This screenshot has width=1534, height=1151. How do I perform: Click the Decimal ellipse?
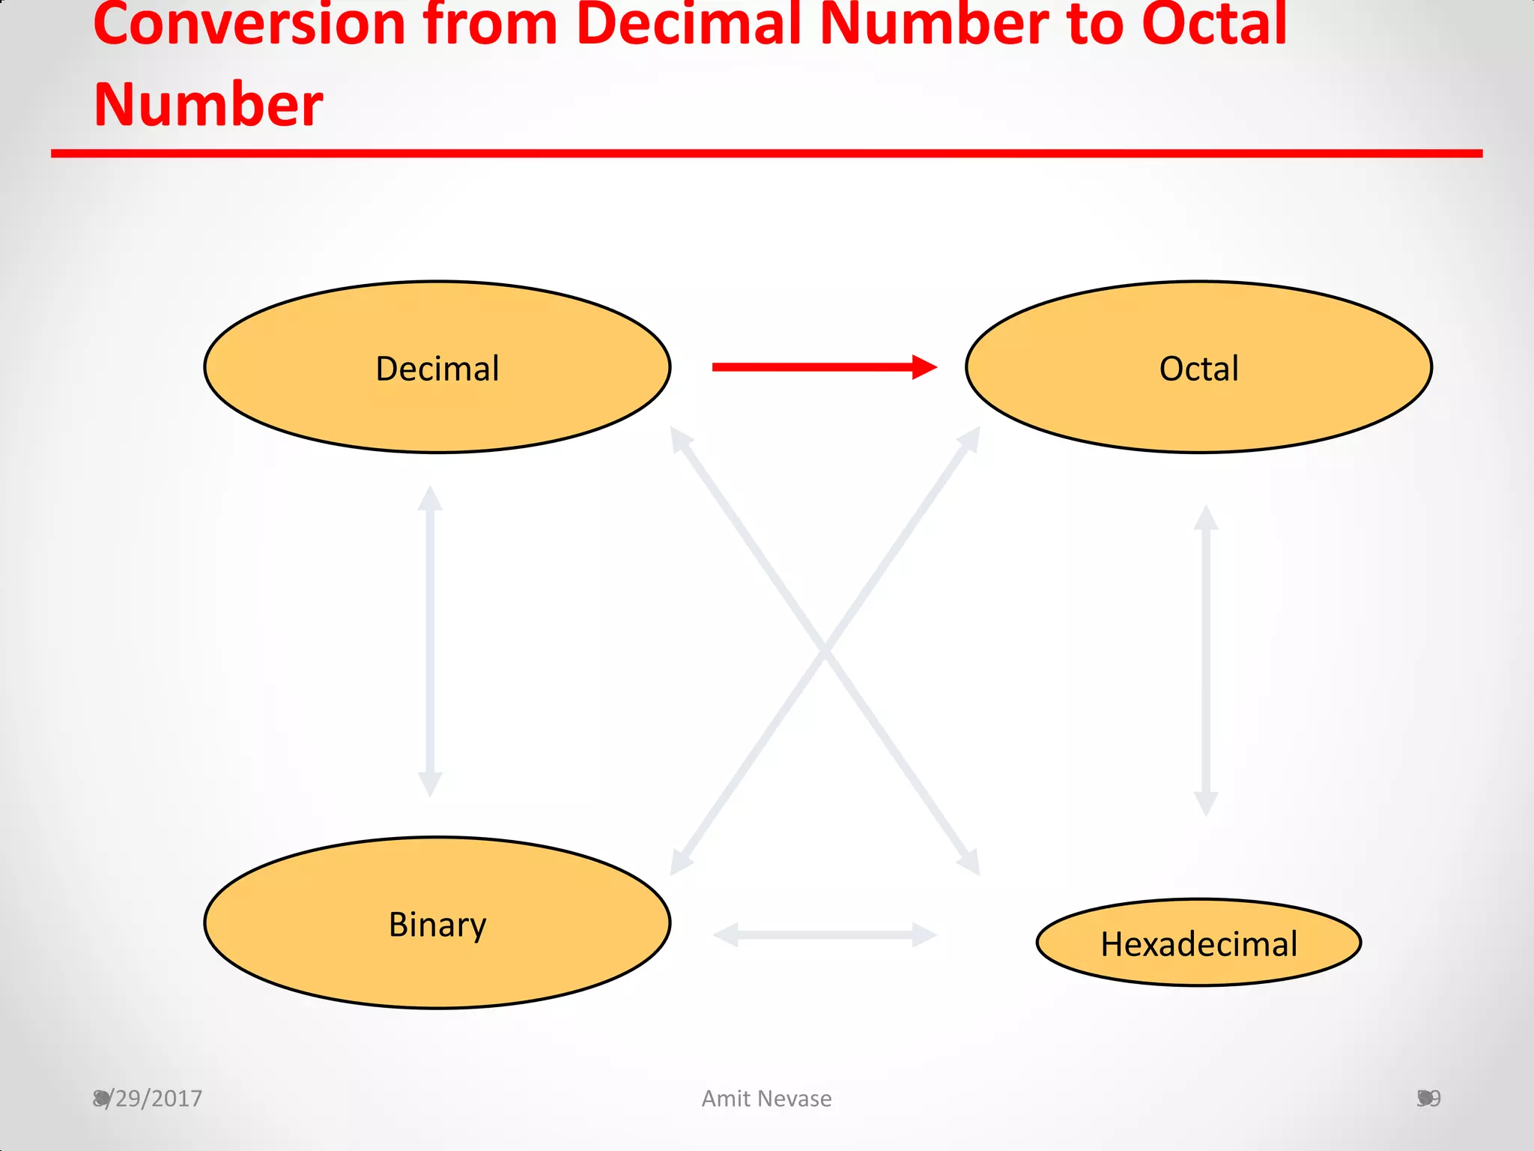coord(437,367)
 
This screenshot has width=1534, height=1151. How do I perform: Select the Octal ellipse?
coord(1198,367)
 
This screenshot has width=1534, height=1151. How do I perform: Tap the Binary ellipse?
coord(437,923)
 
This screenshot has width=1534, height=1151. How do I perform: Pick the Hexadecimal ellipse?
coord(1198,943)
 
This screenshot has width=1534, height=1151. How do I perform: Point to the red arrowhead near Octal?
coord(925,367)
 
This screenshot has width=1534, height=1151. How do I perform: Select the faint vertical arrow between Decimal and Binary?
coord(430,641)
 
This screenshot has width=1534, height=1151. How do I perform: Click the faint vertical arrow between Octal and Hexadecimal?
coord(1206,660)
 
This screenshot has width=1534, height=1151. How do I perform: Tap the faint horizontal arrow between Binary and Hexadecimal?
coord(825,934)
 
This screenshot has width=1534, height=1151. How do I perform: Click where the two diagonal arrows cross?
coord(825,650)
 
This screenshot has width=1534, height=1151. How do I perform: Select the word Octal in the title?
coord(1213,24)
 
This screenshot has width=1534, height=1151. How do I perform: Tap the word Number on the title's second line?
coord(208,105)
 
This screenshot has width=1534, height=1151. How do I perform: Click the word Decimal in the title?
coord(689,24)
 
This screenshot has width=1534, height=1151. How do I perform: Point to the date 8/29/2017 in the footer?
coord(148,1099)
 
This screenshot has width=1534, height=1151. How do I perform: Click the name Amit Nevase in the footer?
coord(766,1099)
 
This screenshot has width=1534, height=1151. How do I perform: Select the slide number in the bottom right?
coord(1429,1099)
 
